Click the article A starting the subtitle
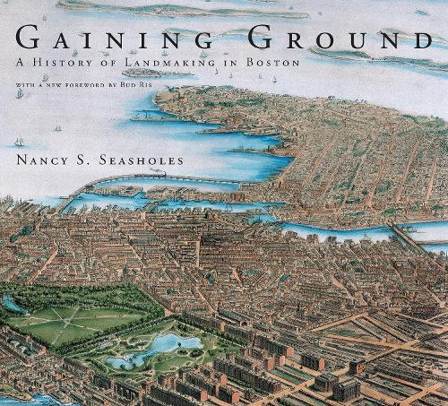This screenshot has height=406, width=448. click(x=22, y=65)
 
